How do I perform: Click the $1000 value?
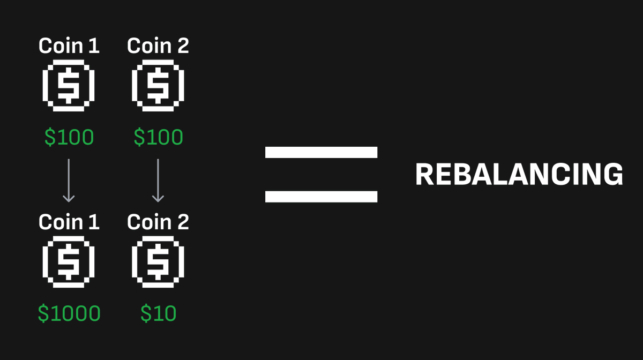coord(69,313)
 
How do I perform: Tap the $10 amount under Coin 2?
coord(158,313)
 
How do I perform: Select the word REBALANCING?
coord(519,175)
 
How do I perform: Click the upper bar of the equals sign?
coord(321,153)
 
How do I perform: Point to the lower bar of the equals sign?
coord(321,197)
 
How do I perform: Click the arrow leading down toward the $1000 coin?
coord(69,180)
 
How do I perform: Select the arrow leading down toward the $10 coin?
coord(158,180)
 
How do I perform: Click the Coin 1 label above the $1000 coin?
coord(69,222)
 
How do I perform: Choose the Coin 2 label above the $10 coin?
coord(158,222)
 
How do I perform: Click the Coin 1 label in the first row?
coord(69,46)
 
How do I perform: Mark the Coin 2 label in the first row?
coord(158,46)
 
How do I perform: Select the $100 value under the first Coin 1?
coord(69,138)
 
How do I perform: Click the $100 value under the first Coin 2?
coord(158,138)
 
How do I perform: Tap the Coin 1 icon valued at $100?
coord(69,86)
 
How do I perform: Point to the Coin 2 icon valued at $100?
coord(158,86)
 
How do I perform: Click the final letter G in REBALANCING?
coord(612,175)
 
